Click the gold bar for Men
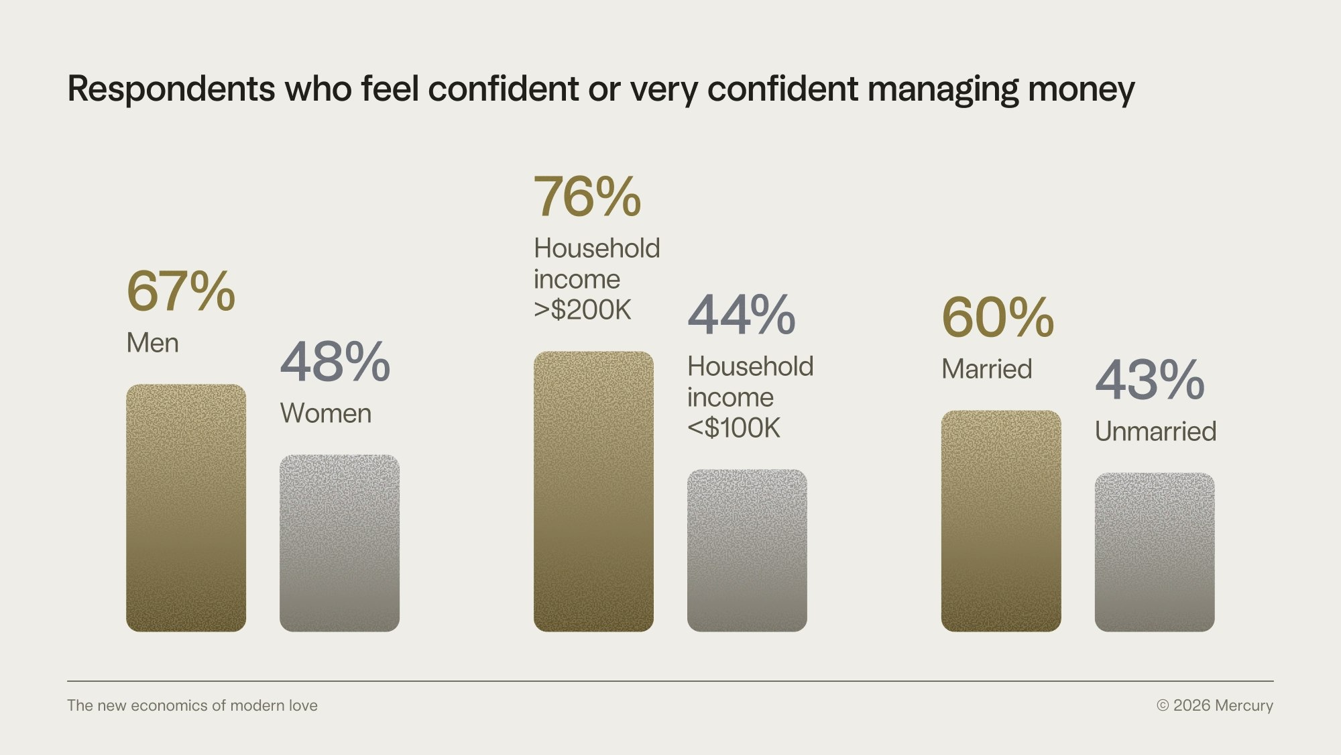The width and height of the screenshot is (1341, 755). pos(186,508)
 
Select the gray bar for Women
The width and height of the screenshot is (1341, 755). pos(339,543)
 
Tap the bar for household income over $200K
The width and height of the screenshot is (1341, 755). pos(593,491)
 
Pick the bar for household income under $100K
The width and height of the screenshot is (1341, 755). pos(747,550)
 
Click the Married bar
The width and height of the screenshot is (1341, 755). pos(1001,521)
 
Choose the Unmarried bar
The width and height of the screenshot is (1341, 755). pos(1155,552)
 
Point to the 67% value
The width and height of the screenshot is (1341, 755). pos(180,291)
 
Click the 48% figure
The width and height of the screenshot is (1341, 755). pos(335,362)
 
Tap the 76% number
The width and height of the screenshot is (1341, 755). pos(587,197)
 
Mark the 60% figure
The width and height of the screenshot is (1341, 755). pos(998,317)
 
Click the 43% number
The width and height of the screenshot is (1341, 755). pos(1150,380)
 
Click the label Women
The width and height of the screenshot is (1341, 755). pos(326,413)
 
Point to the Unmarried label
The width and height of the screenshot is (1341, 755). pos(1155,432)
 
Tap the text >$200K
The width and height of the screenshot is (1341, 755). pos(583,310)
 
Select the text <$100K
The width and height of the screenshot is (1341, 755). pos(734,428)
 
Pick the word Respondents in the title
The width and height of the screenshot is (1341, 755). pos(171,89)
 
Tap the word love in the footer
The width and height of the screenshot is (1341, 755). pos(302,705)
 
